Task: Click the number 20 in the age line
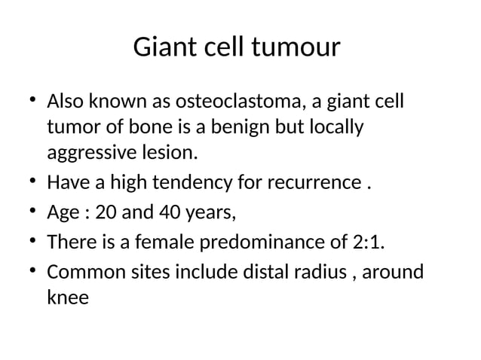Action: [106, 213]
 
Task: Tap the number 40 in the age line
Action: [170, 213]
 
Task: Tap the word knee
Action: [67, 298]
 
